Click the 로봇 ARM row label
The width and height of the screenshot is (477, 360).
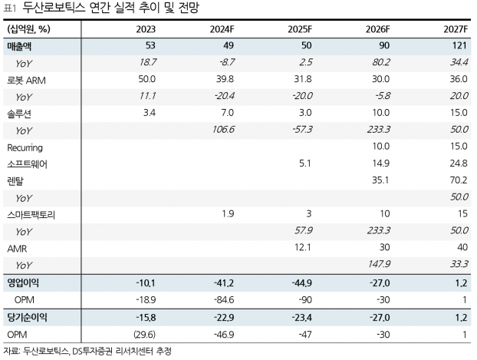(x=29, y=79)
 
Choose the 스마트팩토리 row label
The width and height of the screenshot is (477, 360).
(x=31, y=214)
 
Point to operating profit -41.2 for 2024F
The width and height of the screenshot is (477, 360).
(x=221, y=283)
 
